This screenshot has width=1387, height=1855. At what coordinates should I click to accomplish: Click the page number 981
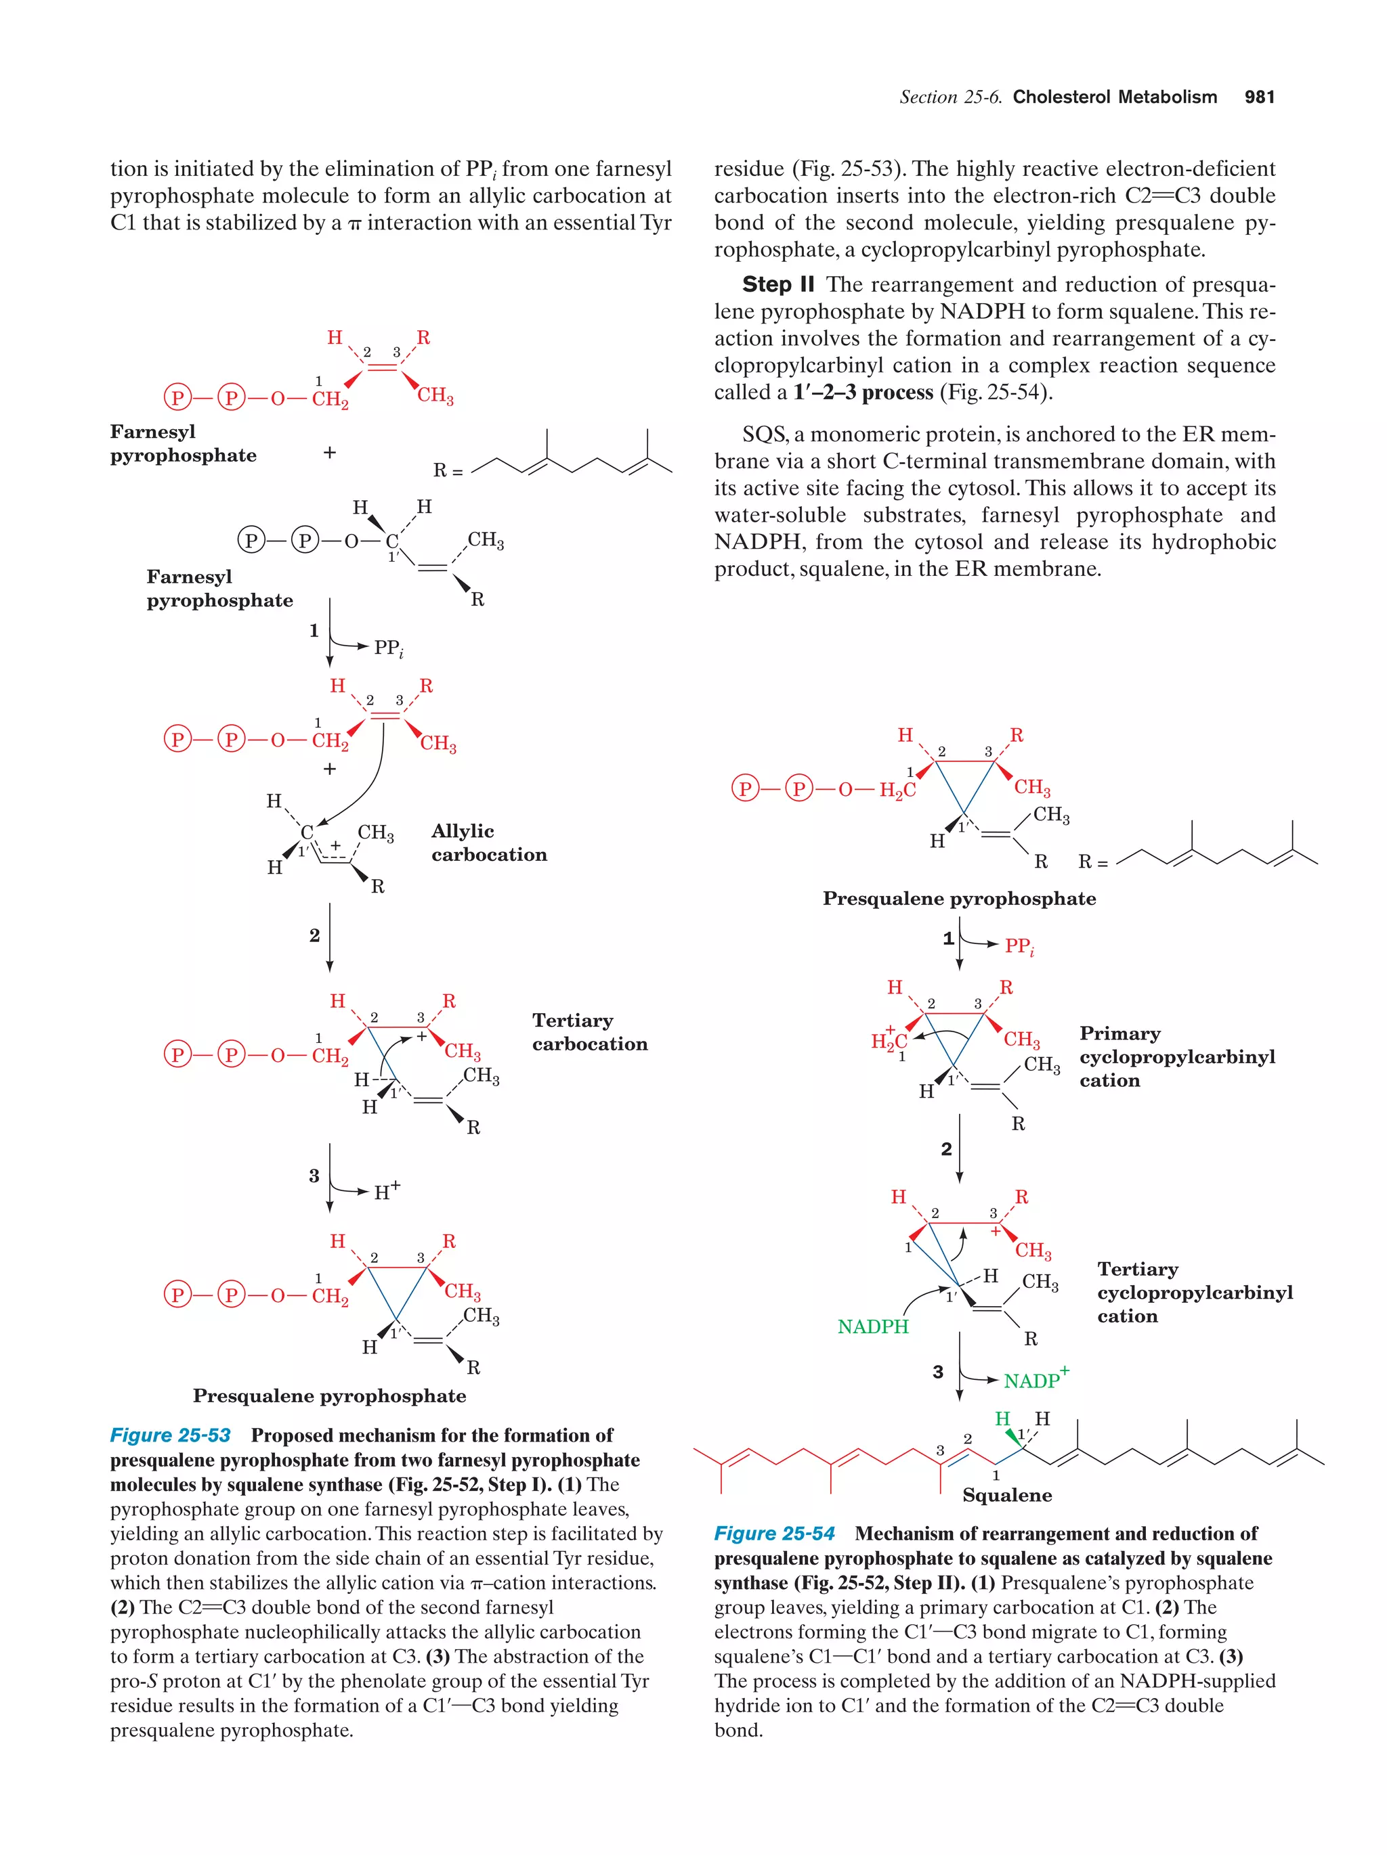click(1258, 97)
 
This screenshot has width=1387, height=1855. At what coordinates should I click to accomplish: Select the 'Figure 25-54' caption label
click(773, 1534)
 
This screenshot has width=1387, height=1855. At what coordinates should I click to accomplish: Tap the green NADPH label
click(873, 1326)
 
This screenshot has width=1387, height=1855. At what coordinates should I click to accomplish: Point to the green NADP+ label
click(1036, 1379)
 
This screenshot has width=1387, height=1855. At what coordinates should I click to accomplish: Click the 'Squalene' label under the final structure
click(1006, 1495)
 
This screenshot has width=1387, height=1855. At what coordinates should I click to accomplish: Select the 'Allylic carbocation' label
click(488, 843)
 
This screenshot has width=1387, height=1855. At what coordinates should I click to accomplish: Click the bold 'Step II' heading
click(778, 285)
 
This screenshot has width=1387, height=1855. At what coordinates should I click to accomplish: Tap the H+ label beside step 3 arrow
click(387, 1191)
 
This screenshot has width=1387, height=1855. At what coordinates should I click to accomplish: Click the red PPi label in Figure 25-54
click(1019, 947)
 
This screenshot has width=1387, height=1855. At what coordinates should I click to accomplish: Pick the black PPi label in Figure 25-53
click(389, 648)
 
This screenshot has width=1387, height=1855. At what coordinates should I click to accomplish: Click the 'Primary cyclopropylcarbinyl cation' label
click(1176, 1056)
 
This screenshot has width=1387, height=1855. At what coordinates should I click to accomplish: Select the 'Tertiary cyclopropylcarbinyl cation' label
click(1194, 1293)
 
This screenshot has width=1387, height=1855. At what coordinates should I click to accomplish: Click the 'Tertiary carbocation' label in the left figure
click(589, 1032)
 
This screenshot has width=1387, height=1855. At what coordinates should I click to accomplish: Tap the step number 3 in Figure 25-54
click(938, 1372)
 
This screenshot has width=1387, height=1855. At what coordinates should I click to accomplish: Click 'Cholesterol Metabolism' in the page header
click(1114, 97)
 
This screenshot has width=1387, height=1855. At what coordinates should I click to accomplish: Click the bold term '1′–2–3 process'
click(863, 393)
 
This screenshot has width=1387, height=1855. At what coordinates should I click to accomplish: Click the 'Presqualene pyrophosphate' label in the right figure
click(958, 899)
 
